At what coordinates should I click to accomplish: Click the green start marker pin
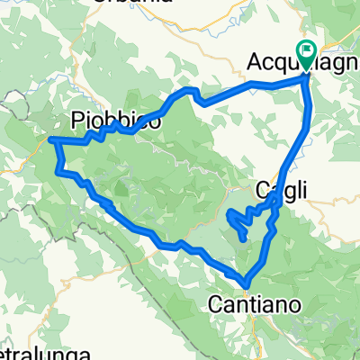coord(306,57)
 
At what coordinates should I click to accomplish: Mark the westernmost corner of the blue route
coord(49,139)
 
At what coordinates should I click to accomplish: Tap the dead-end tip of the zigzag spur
coord(245,237)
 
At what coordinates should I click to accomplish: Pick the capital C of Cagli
coord(263,190)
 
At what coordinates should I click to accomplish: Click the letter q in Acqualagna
coord(288,65)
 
